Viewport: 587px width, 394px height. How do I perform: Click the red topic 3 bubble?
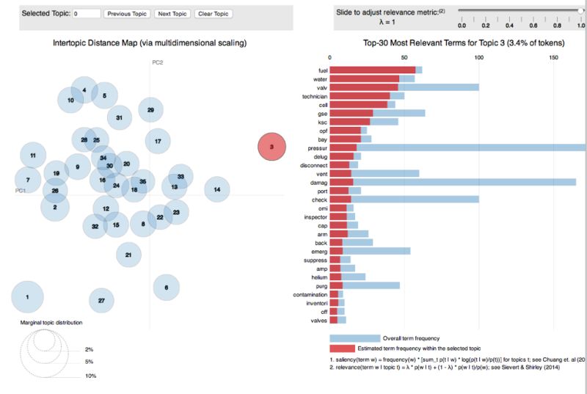point(271,147)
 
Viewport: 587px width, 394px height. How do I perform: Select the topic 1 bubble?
point(27,297)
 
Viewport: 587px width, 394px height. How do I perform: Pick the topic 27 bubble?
point(101,301)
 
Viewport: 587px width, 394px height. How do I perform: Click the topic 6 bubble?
point(167,288)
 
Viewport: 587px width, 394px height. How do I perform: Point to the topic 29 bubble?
point(150,110)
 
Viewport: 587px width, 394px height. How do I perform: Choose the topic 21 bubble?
point(128,255)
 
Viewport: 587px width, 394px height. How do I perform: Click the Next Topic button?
point(172,13)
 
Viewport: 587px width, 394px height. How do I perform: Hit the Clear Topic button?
point(214,13)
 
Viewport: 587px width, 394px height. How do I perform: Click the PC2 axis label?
point(157,62)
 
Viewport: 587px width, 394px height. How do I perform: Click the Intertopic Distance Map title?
point(150,43)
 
